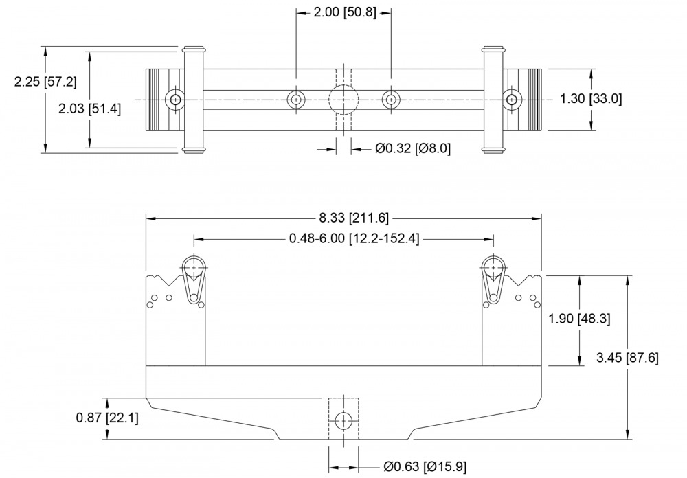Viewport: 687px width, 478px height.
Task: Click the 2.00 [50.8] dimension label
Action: pyautogui.click(x=344, y=13)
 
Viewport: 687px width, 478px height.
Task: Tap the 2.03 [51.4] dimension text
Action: pyautogui.click(x=89, y=109)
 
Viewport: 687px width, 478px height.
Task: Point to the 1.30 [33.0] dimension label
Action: pyautogui.click(x=591, y=99)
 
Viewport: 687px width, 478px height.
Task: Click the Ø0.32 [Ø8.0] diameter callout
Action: pyautogui.click(x=413, y=148)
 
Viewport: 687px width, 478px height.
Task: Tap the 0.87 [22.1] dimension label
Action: pyautogui.click(x=106, y=417)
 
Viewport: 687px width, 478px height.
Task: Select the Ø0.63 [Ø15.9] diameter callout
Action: pyautogui.click(x=425, y=468)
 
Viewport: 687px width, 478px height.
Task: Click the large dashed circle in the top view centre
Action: pyautogui.click(x=343, y=100)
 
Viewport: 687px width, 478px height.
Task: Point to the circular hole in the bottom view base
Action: pyautogui.click(x=344, y=420)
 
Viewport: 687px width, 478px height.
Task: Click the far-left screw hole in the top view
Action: pyautogui.click(x=176, y=100)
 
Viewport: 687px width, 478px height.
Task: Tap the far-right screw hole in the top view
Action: pyautogui.click(x=511, y=100)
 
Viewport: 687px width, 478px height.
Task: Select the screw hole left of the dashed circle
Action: pyautogui.click(x=296, y=100)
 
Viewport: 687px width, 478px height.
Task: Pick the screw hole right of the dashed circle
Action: pyautogui.click(x=391, y=100)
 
